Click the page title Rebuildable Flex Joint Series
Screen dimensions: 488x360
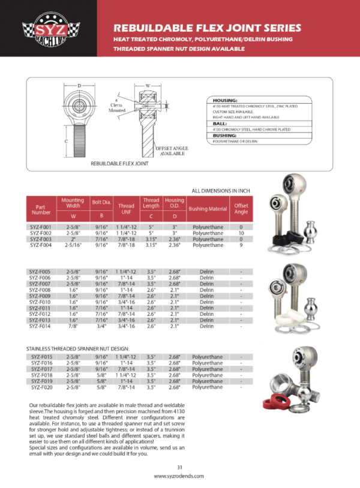207,28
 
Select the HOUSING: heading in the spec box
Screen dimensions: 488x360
226,100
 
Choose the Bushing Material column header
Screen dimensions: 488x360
207,209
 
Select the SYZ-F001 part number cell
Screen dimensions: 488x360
41,227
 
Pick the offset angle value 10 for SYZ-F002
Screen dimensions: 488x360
241,233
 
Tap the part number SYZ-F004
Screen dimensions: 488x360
41,245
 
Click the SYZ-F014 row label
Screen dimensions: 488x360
41,326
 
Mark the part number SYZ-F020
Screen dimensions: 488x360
41,387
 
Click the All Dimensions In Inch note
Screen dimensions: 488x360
221,191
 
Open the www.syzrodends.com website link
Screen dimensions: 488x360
179,476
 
